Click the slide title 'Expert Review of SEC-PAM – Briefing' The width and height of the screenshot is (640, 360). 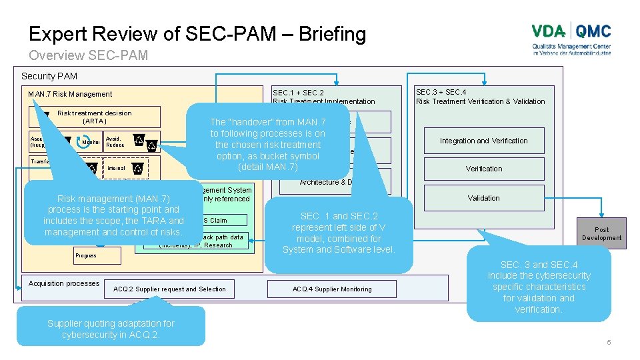pyautogui.click(x=197, y=33)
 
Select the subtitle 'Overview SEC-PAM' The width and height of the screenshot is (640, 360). pyautogui.click(x=88, y=55)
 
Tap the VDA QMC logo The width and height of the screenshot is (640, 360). pyautogui.click(x=571, y=39)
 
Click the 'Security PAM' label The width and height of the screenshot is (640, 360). pyautogui.click(x=49, y=77)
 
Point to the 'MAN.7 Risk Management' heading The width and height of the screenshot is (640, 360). pyautogui.click(x=70, y=94)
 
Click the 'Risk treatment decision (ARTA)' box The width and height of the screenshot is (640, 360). pyautogui.click(x=94, y=117)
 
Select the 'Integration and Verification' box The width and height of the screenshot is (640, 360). pyautogui.click(x=483, y=141)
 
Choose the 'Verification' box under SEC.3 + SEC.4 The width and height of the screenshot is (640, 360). pyautogui.click(x=483, y=169)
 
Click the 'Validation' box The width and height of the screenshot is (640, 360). pyautogui.click(x=483, y=198)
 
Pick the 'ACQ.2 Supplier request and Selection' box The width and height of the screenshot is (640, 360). pyautogui.click(x=169, y=289)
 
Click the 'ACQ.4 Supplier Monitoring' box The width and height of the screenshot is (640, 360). pyautogui.click(x=331, y=289)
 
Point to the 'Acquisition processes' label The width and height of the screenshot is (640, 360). pyautogui.click(x=64, y=283)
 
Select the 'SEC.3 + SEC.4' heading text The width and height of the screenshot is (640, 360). pyautogui.click(x=441, y=92)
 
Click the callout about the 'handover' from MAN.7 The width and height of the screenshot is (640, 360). pyautogui.click(x=267, y=144)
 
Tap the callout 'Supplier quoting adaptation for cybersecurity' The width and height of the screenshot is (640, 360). pyautogui.click(x=111, y=329)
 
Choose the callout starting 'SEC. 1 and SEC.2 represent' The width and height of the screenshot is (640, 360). pyautogui.click(x=339, y=233)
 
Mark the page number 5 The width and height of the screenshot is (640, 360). pyautogui.click(x=608, y=343)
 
